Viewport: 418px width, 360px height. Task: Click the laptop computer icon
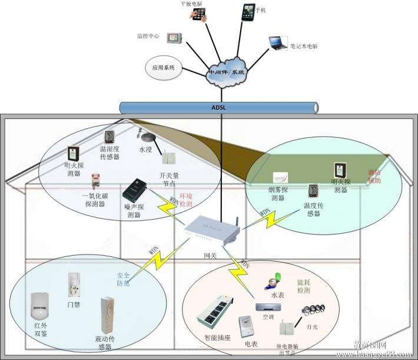coord(277,42)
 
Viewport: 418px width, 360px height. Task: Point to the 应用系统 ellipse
coord(164,68)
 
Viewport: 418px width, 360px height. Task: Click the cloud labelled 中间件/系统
coord(226,72)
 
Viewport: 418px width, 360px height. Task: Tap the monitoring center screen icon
coord(172,38)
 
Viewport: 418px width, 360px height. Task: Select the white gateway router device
coord(211,232)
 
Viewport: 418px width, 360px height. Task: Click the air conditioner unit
coord(268,306)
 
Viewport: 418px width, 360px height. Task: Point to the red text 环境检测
coord(185,199)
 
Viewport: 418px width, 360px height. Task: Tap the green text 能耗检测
coord(303,286)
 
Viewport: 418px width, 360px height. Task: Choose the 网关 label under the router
coord(210,255)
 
